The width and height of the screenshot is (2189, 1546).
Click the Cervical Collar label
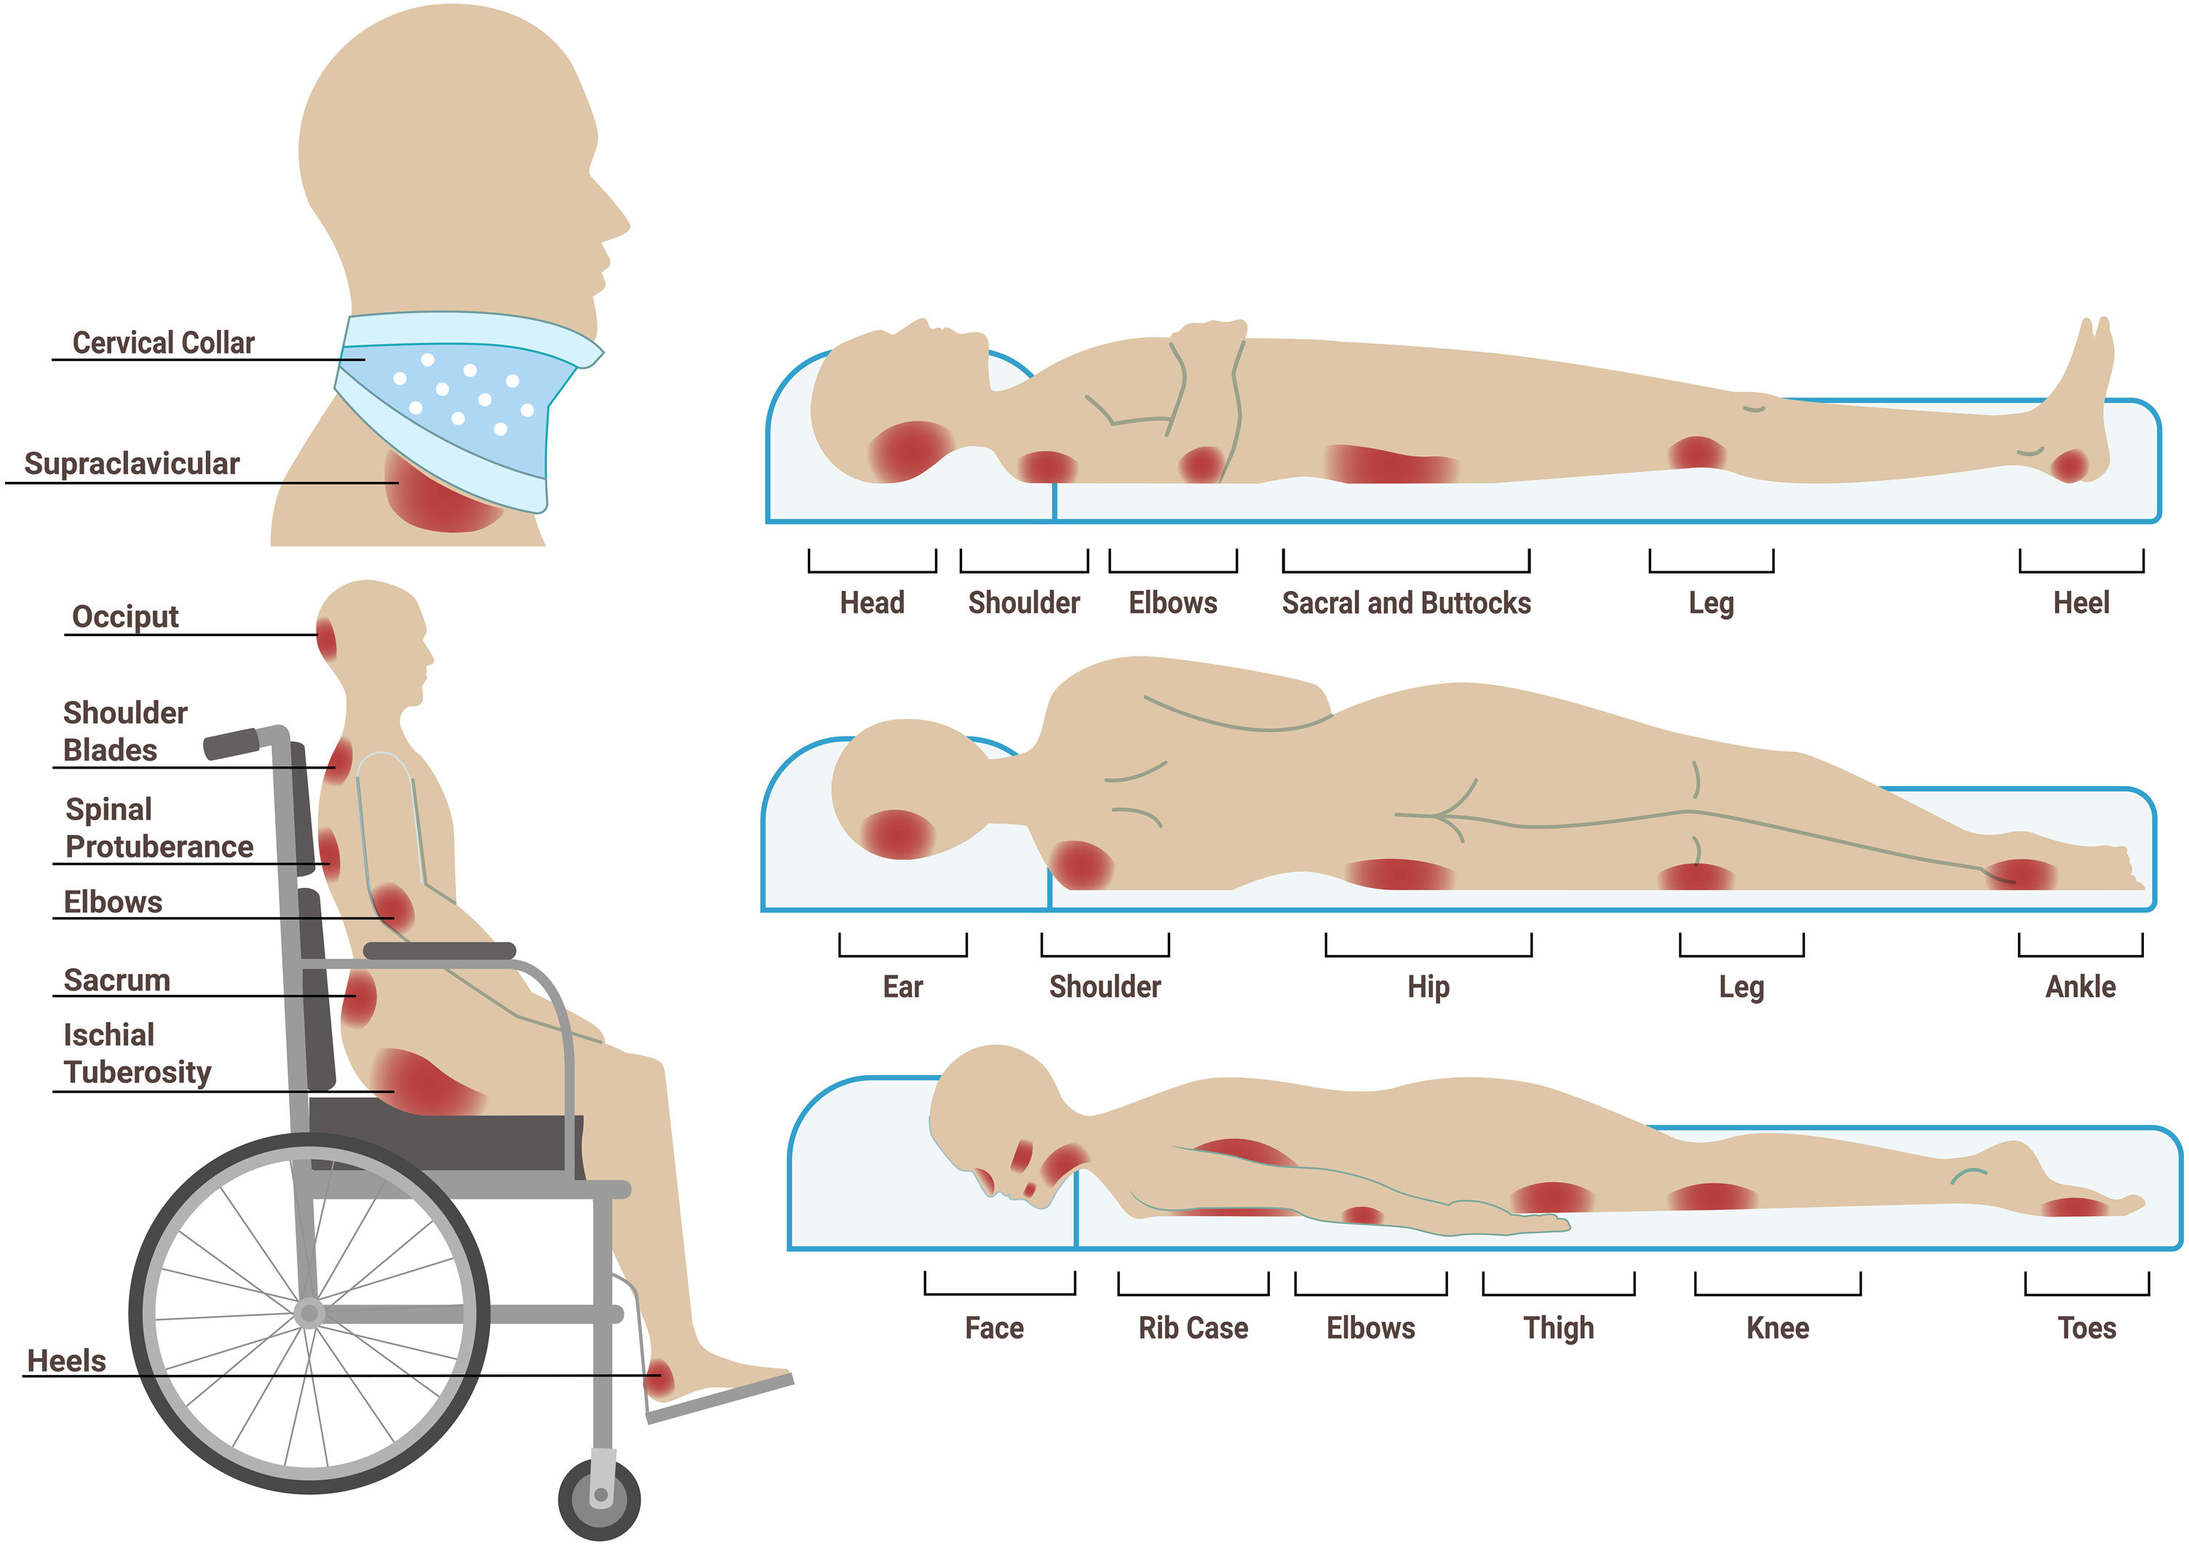click(x=163, y=342)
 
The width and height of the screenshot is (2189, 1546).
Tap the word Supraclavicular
click(x=132, y=464)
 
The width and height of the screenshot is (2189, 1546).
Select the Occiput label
click(x=125, y=616)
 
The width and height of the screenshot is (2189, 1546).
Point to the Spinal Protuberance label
click(x=158, y=828)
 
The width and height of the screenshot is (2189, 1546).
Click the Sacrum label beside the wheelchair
click(x=116, y=980)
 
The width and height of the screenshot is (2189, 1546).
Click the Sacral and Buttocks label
click(x=1405, y=603)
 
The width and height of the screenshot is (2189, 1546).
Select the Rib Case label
click(x=1193, y=1328)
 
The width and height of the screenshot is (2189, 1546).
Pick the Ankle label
click(x=2079, y=986)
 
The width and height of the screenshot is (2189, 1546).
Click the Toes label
click(x=2086, y=1328)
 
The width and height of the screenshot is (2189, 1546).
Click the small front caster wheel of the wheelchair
click(x=600, y=1499)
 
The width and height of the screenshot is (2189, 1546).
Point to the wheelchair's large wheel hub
click(x=309, y=1313)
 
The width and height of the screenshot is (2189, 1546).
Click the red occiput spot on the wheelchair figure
click(x=327, y=640)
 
